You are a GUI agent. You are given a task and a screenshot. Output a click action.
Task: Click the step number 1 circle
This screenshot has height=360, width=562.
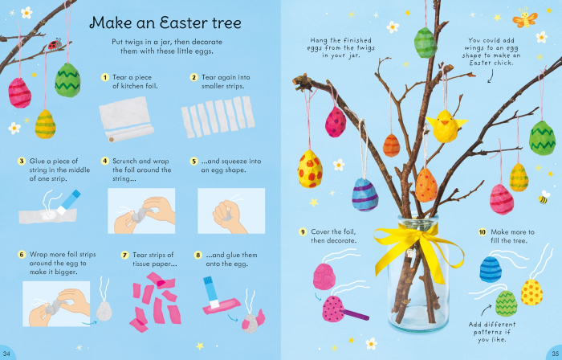[x=104, y=77]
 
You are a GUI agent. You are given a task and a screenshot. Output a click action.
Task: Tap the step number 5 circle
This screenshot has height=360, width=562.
[x=193, y=161]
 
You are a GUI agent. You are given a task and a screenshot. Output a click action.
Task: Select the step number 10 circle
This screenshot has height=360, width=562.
[x=483, y=232]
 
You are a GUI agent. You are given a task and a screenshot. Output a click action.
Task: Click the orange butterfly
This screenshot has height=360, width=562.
[x=525, y=18]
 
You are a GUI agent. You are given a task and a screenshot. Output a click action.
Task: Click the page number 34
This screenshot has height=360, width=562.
[x=7, y=353]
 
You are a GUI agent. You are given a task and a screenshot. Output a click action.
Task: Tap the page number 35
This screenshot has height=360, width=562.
[x=554, y=353]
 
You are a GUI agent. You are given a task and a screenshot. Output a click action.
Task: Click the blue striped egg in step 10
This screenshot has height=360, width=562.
[x=491, y=268]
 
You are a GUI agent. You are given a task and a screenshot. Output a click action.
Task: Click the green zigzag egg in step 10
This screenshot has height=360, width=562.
[x=506, y=303]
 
